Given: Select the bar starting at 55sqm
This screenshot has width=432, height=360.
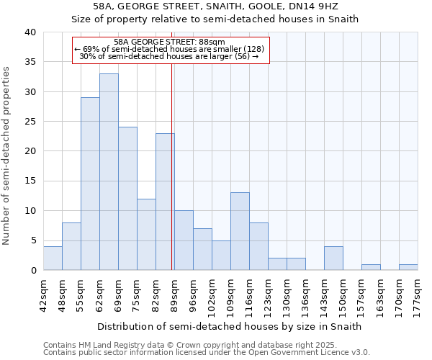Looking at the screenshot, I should pos(90,184).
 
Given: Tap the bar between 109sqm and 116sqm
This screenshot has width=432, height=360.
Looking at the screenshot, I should pos(240,231).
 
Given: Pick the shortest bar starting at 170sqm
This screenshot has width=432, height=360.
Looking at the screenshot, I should pos(408,267).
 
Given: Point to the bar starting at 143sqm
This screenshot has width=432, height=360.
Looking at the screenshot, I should pos(333,258).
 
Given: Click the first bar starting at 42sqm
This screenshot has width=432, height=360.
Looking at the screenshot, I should pos(53,258).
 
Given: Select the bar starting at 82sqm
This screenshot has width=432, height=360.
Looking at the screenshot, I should pos(165,202).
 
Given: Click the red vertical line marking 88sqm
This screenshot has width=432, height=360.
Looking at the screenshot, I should pos(172,166).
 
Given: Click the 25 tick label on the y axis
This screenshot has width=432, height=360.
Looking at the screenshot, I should pos(31,122).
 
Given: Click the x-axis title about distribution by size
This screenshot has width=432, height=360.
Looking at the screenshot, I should pos(230,326).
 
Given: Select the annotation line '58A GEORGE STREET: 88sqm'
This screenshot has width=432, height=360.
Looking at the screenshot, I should pos(170,42).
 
